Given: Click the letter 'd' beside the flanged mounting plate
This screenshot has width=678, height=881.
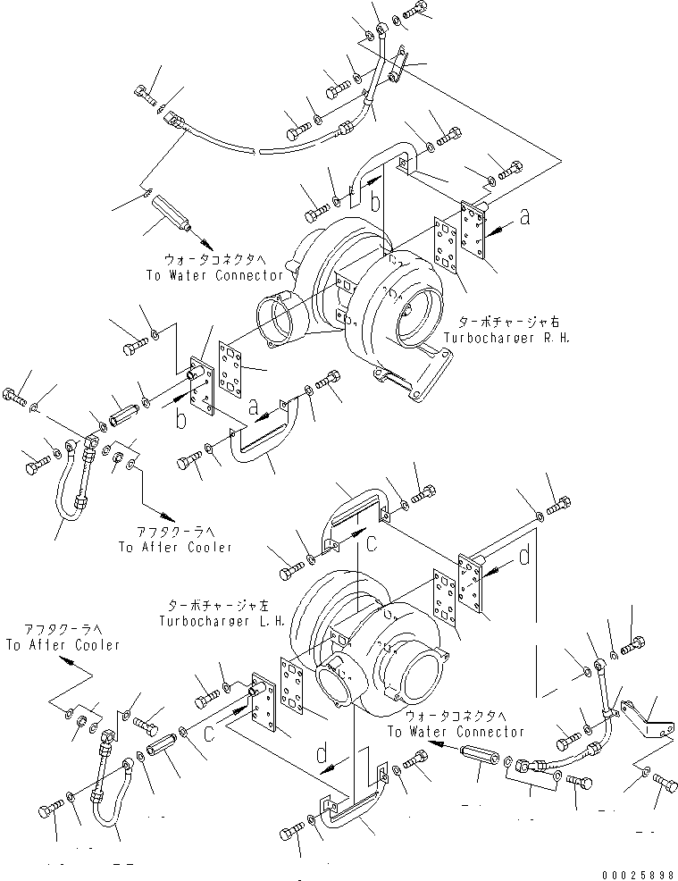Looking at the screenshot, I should pyautogui.click(x=524, y=557).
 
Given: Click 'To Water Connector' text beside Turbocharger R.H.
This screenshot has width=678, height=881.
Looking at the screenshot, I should pyautogui.click(x=214, y=275).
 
